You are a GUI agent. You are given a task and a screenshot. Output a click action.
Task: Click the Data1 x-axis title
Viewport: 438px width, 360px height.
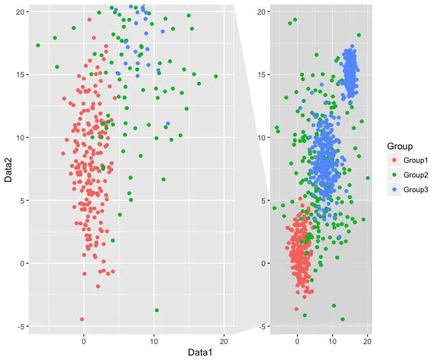(x=200, y=352)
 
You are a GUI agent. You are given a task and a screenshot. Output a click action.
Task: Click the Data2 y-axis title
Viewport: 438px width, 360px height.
(x=8, y=170)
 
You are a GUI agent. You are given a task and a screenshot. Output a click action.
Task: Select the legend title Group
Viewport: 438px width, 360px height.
(x=400, y=146)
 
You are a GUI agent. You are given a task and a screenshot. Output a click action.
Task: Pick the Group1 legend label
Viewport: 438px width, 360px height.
(x=416, y=160)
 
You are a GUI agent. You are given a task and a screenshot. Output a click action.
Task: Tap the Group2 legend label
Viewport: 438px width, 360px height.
(x=416, y=175)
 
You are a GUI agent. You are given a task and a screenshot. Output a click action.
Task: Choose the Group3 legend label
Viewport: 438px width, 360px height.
(x=416, y=190)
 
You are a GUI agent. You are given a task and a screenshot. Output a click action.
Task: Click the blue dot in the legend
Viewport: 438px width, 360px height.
(x=395, y=190)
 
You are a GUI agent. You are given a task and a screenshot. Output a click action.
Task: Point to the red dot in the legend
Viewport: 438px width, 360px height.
(x=395, y=160)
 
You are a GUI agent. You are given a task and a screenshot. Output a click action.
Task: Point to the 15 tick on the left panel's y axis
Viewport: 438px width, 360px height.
(x=20, y=75)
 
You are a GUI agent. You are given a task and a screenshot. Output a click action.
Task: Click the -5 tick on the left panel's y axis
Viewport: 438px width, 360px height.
(x=20, y=326)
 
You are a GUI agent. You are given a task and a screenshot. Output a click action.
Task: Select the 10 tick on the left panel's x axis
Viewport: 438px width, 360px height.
(x=154, y=341)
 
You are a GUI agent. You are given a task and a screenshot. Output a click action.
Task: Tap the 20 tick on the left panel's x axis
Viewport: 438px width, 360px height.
(x=223, y=341)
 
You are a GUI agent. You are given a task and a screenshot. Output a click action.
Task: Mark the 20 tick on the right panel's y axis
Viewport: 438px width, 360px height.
(x=262, y=11)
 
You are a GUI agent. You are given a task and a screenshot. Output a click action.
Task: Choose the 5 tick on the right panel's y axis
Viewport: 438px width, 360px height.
(x=264, y=200)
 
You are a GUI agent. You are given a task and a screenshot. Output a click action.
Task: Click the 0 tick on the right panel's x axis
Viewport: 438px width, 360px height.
(x=298, y=341)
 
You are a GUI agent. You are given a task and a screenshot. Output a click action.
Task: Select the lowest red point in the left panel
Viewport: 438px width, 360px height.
(x=82, y=319)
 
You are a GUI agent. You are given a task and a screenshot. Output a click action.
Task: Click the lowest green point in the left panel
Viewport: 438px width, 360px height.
(x=156, y=310)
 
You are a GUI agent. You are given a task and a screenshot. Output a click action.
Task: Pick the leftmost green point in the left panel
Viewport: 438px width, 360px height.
(x=38, y=45)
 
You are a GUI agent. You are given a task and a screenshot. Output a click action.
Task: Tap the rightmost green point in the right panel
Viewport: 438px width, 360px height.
(x=368, y=178)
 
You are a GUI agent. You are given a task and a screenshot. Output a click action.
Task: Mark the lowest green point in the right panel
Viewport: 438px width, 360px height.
(x=343, y=319)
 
